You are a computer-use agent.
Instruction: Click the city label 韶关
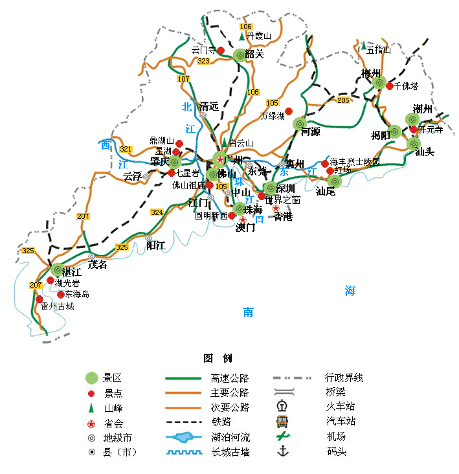tap(254, 54)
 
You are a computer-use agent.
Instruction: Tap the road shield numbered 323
tap(204, 61)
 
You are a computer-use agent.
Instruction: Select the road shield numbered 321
tap(126, 149)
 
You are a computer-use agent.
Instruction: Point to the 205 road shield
tap(343, 100)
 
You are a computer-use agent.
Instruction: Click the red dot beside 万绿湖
tap(289, 111)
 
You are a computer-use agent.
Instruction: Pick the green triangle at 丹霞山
tap(241, 37)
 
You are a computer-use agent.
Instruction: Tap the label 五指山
tap(379, 49)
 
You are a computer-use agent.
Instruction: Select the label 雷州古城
tap(57, 306)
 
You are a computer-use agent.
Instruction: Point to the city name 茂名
tap(98, 265)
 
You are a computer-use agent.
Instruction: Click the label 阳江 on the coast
tap(156, 246)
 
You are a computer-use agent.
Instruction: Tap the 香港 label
tap(282, 217)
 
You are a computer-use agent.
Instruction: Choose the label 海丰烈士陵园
tap(355, 161)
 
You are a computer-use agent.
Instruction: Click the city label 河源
tap(311, 132)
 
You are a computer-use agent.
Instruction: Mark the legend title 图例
tap(218, 358)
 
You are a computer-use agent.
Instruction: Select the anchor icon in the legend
tap(282, 451)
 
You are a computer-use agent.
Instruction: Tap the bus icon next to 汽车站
tap(282, 422)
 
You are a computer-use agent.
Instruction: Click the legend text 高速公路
tap(230, 378)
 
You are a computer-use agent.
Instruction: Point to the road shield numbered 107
tap(184, 79)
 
